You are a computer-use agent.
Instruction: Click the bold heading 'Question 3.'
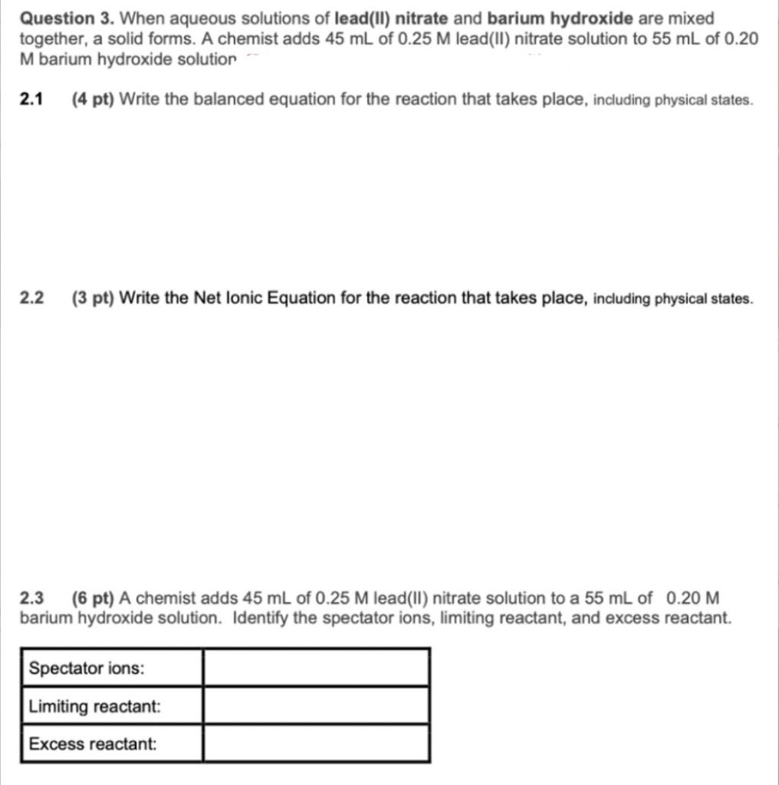coord(67,18)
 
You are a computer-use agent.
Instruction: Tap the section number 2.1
coord(31,100)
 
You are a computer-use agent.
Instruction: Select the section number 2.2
coord(31,298)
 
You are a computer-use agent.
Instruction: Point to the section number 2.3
coord(31,598)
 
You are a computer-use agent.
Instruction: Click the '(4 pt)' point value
coord(93,100)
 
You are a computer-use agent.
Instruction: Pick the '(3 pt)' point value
coord(93,298)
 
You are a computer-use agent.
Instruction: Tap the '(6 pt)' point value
coord(93,598)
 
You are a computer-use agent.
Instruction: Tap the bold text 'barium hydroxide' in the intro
coord(560,18)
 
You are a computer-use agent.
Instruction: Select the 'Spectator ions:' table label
coord(86,668)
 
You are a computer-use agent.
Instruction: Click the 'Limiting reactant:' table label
coord(95,706)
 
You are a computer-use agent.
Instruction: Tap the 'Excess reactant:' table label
coord(93,744)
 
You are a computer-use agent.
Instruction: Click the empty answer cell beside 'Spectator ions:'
coord(315,668)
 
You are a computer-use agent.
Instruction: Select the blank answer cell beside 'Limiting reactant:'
coord(315,705)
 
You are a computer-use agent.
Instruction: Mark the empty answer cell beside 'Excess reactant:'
coord(315,743)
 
